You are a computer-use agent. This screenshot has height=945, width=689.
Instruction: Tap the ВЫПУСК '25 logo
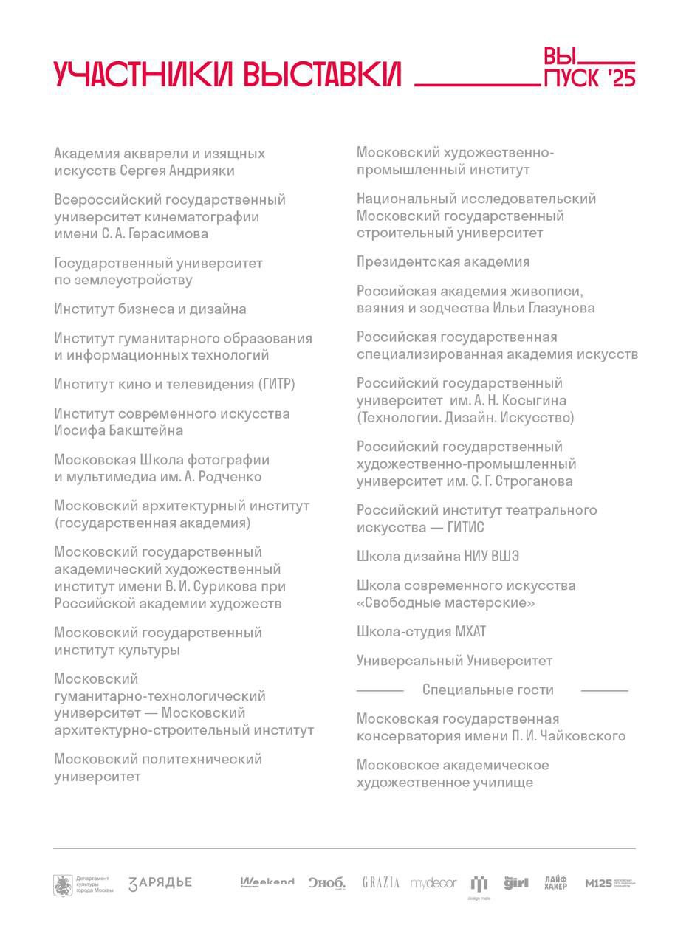(589, 69)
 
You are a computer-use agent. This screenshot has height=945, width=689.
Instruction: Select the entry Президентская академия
(442, 262)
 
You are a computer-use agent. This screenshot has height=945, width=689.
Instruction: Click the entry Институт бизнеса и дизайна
(150, 309)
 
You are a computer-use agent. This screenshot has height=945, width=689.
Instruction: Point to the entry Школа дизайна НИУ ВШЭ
(437, 557)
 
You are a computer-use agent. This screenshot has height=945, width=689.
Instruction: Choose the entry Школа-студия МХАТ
(421, 632)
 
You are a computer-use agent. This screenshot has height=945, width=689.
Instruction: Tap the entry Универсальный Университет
(454, 661)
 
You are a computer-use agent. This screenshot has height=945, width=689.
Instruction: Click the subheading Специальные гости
(487, 690)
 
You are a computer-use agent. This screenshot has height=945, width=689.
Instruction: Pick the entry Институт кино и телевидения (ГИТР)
(174, 385)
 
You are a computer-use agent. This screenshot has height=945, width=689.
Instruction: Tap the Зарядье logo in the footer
(160, 883)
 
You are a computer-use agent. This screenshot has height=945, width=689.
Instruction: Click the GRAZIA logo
(380, 883)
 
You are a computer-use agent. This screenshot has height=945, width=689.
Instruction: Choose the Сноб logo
(326, 883)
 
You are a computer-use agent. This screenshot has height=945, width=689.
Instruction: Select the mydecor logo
(433, 883)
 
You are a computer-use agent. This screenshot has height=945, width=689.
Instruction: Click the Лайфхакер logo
(555, 883)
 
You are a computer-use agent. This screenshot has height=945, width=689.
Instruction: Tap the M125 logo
(609, 883)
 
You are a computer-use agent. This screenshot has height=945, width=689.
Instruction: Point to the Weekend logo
(267, 882)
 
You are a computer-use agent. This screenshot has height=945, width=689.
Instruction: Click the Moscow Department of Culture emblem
(63, 884)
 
